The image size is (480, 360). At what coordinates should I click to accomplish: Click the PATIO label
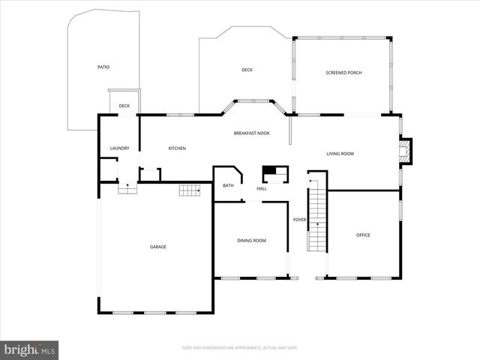click(x=103, y=67)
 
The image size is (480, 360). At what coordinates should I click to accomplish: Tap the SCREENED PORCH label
click(x=343, y=73)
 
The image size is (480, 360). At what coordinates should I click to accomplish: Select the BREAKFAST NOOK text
click(x=251, y=133)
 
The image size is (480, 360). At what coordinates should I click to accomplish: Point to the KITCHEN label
click(x=177, y=148)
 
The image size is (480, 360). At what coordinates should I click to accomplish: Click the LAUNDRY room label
click(x=120, y=148)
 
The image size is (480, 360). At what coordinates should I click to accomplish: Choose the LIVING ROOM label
click(x=340, y=154)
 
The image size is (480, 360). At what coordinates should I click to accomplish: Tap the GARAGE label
click(x=157, y=247)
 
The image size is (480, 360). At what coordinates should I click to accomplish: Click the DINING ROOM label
click(x=251, y=241)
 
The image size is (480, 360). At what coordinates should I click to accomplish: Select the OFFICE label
click(x=363, y=235)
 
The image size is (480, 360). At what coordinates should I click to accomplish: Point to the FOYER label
click(x=299, y=220)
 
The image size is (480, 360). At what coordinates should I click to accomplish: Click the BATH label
click(x=228, y=185)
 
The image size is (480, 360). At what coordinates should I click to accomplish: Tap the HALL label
click(x=262, y=188)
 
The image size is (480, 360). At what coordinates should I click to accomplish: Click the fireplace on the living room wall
click(x=405, y=151)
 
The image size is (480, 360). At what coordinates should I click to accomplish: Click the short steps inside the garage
click(x=190, y=191)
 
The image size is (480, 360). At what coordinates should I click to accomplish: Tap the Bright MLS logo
click(x=30, y=349)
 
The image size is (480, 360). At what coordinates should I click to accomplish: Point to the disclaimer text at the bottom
click(x=239, y=347)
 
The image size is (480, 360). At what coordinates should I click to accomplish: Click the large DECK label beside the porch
click(x=247, y=70)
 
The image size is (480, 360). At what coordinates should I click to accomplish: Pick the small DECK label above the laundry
click(x=124, y=106)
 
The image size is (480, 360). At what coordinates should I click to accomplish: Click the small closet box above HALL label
click(x=274, y=174)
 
